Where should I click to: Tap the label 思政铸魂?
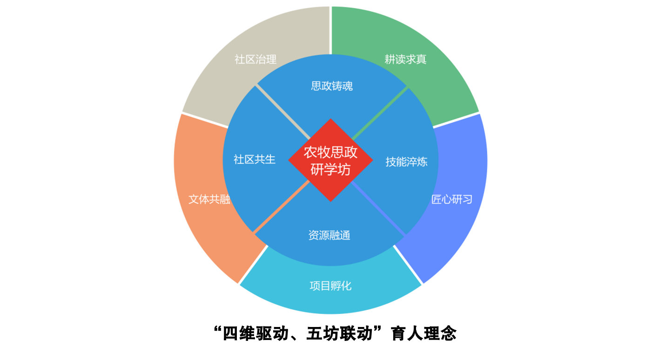(332, 86)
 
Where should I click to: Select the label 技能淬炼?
(406, 162)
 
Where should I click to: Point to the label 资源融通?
(329, 235)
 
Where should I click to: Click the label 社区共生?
(255, 160)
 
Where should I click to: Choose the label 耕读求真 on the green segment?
(405, 60)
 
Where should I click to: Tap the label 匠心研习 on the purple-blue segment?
(451, 200)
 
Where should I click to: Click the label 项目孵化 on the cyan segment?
(330, 286)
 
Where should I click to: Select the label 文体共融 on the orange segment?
(209, 200)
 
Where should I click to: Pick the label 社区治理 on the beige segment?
(255, 60)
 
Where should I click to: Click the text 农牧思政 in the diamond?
(330, 152)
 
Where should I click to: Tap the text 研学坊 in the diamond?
(330, 170)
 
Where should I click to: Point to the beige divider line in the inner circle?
(282, 112)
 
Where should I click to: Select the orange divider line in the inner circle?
(282, 207)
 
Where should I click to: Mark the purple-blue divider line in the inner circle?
(378, 208)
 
